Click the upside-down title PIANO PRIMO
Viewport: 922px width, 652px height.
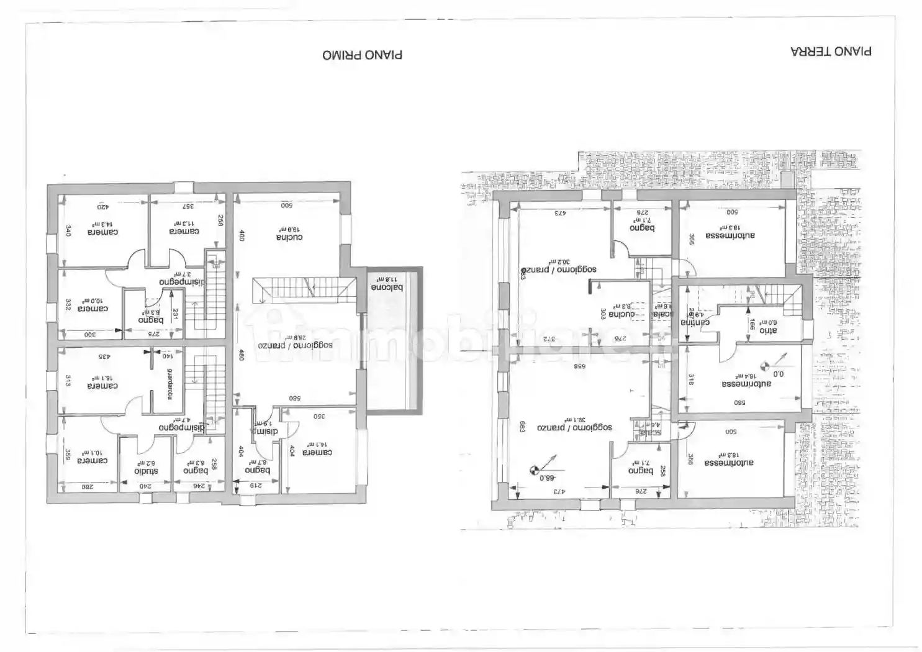[362, 55]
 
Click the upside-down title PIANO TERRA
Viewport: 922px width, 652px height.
[831, 52]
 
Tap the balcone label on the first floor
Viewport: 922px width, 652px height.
[387, 288]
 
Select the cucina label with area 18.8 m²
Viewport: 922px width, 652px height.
[289, 237]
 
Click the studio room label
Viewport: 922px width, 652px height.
[146, 471]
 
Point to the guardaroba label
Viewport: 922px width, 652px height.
[169, 385]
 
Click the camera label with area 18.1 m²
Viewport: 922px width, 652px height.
[102, 386]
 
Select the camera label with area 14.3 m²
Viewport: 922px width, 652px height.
[102, 232]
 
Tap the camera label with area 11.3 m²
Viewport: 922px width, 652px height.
[184, 231]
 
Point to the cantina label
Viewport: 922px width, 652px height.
[695, 322]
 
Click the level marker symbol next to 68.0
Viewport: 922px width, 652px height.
[533, 470]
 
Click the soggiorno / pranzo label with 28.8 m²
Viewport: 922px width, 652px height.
[296, 345]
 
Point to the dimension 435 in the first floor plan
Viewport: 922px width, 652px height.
[104, 356]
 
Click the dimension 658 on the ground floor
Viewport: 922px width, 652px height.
[578, 366]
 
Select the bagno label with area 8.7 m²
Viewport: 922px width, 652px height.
[257, 470]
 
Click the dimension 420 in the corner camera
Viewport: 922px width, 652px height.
[102, 206]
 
